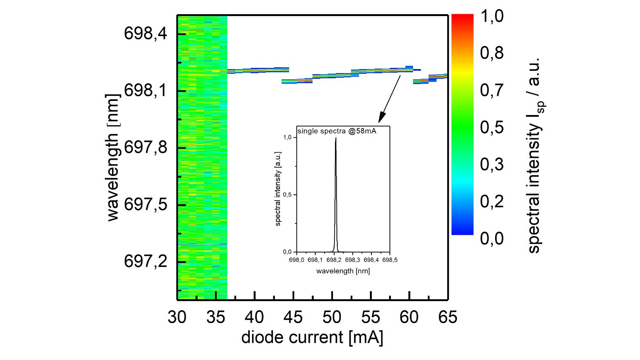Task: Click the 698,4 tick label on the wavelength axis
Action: (145, 33)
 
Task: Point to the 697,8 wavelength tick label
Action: (145, 148)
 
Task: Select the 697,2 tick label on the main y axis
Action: (145, 261)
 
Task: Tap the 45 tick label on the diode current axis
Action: (293, 317)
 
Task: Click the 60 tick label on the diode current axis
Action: (409, 317)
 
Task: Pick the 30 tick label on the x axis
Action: (177, 317)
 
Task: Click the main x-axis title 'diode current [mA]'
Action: (312, 338)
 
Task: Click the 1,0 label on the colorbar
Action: (492, 16)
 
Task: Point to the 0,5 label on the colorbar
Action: (492, 127)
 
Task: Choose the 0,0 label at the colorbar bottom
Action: (492, 238)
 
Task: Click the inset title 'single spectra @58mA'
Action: (337, 131)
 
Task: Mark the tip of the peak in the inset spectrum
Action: (336, 138)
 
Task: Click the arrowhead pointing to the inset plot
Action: (381, 119)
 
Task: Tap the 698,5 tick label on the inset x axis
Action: (389, 260)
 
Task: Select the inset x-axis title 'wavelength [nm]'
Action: (343, 271)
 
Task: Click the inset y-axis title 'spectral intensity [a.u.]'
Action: (278, 188)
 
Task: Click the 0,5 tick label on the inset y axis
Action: (287, 195)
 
